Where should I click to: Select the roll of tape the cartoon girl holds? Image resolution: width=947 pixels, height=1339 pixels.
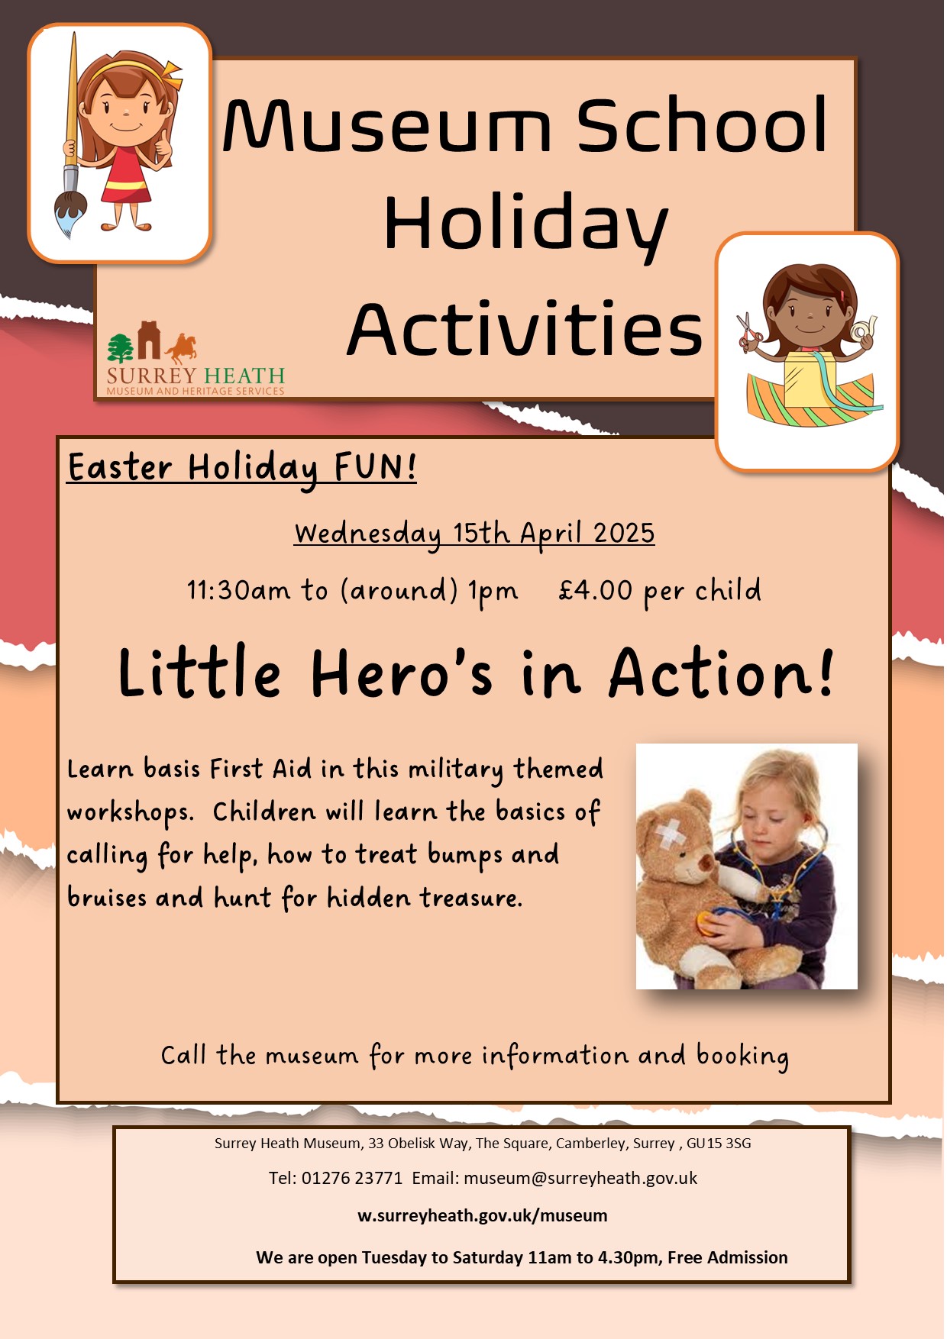click(x=864, y=331)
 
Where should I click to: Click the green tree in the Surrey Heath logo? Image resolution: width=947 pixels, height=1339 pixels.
click(x=121, y=348)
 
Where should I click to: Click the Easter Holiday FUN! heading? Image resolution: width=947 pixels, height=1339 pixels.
click(x=242, y=467)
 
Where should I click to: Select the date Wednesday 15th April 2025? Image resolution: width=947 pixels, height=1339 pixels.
click(x=474, y=533)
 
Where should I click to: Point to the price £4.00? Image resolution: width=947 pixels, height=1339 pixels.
click(x=596, y=590)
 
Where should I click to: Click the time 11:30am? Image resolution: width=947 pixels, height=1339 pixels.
click(x=239, y=590)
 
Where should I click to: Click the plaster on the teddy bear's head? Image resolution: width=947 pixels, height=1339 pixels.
click(x=670, y=834)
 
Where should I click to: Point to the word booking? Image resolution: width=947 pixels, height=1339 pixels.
click(x=742, y=1057)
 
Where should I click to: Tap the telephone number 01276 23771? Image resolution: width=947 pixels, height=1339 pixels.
click(x=352, y=1178)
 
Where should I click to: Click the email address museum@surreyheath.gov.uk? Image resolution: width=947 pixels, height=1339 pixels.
click(x=580, y=1178)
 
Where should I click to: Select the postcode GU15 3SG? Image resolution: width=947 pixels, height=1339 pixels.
click(x=719, y=1143)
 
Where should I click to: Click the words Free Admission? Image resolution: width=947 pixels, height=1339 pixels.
click(x=728, y=1257)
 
